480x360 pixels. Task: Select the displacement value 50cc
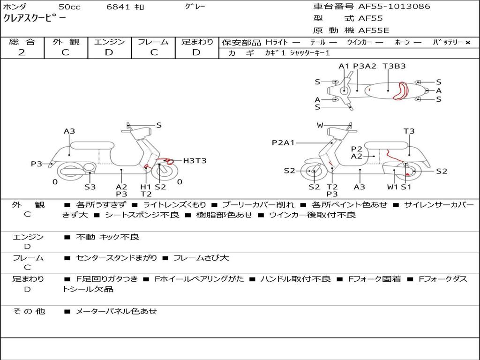tap(69, 7)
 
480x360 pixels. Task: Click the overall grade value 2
tap(22, 52)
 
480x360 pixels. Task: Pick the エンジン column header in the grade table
tap(109, 42)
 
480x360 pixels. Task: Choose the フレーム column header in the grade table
tap(153, 42)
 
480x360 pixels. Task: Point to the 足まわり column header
tap(197, 42)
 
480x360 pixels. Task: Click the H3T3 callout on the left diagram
tap(195, 161)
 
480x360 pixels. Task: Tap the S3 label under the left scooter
tap(90, 187)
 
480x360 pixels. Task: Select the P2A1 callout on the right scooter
tap(283, 142)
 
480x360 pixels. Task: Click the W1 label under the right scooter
tap(392, 187)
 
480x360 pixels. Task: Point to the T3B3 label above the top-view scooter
tap(394, 66)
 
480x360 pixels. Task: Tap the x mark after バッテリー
tap(467, 43)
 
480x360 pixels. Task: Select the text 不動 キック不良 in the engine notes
tap(107, 237)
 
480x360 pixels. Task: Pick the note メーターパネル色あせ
tap(116, 311)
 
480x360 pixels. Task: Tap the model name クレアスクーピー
tap(34, 18)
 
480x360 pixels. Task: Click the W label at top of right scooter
tap(320, 125)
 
